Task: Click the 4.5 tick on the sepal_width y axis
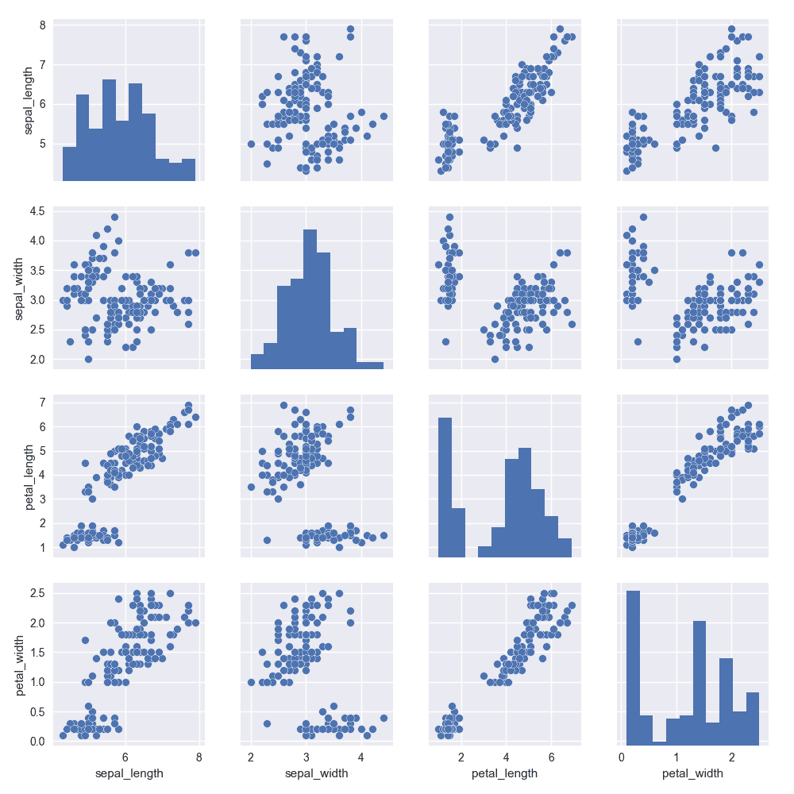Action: (37, 210)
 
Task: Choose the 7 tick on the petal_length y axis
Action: (42, 403)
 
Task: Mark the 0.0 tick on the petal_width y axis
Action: (37, 741)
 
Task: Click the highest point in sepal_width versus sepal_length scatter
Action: (114, 216)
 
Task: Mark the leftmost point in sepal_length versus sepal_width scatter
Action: (251, 144)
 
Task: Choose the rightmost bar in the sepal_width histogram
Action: (370, 365)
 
